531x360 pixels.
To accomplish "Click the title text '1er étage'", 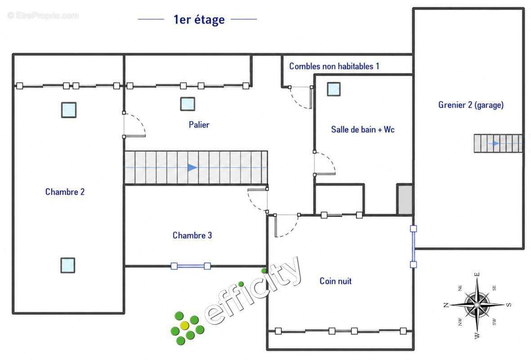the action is [x=199, y=20].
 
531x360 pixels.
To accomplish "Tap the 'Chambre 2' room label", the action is [x=65, y=192].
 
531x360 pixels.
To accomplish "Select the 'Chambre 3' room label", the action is [x=192, y=235].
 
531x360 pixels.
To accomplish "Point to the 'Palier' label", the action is [x=199, y=125].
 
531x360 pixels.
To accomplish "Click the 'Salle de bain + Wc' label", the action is [x=363, y=130].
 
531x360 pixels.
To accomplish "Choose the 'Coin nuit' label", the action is [x=335, y=281].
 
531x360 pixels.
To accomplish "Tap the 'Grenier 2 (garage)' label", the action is [x=471, y=105].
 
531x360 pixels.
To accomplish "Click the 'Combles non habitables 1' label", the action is [x=334, y=66].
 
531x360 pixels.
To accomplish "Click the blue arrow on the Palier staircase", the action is [x=192, y=167].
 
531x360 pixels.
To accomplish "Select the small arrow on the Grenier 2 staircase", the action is [x=496, y=144].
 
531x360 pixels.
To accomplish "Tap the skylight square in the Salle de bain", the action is [x=334, y=89].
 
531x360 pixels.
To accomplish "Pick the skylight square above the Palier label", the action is [x=187, y=104].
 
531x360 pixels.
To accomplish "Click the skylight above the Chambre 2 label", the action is [x=69, y=110].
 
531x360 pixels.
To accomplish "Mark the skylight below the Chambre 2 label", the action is [x=68, y=265].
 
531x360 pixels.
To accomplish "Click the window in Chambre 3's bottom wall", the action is [x=191, y=266].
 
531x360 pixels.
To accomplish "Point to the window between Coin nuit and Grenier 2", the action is [x=413, y=247].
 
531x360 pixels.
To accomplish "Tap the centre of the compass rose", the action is [x=477, y=305].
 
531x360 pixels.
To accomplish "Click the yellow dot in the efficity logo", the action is [x=184, y=326].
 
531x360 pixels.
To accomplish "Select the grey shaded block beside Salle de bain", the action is [x=405, y=199].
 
